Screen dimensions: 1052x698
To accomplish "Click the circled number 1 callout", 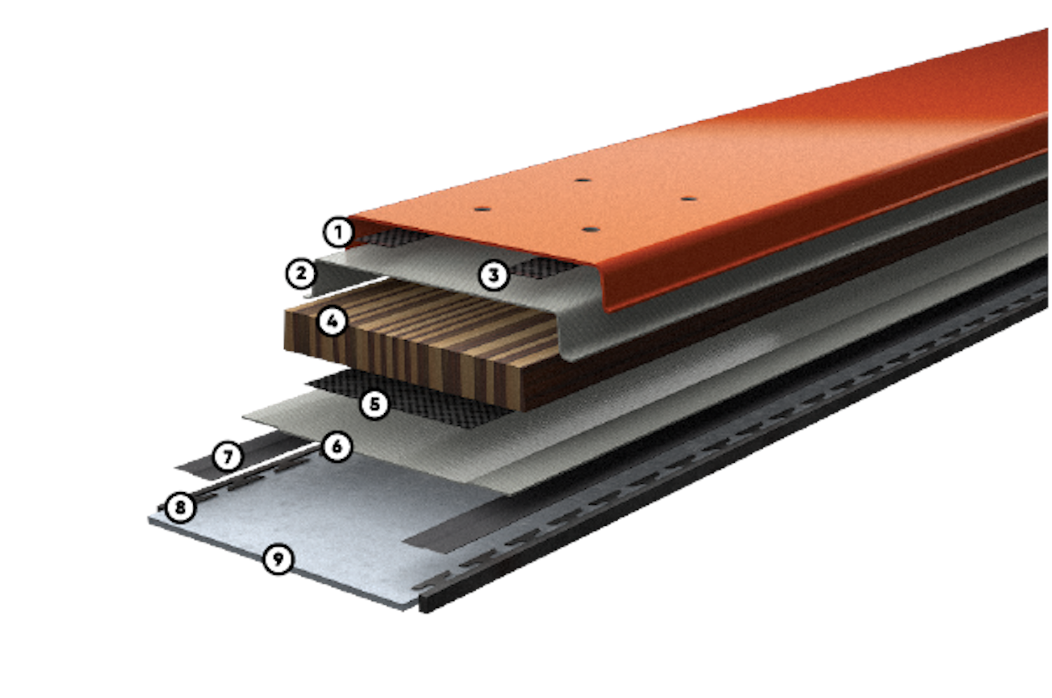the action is (x=338, y=231).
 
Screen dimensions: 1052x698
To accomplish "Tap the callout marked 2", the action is (x=301, y=273).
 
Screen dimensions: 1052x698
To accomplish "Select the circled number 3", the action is (x=494, y=275).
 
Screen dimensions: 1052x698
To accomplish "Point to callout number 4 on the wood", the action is (x=332, y=322).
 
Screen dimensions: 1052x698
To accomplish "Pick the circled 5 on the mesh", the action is (x=374, y=404).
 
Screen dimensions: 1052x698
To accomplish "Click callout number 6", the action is (x=337, y=447).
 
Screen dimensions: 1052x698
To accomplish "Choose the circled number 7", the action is (x=228, y=457).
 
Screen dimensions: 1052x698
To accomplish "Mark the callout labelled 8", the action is (x=180, y=507).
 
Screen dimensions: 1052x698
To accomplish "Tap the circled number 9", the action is (x=278, y=560).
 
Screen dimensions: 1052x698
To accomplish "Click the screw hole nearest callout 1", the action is (x=482, y=209).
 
